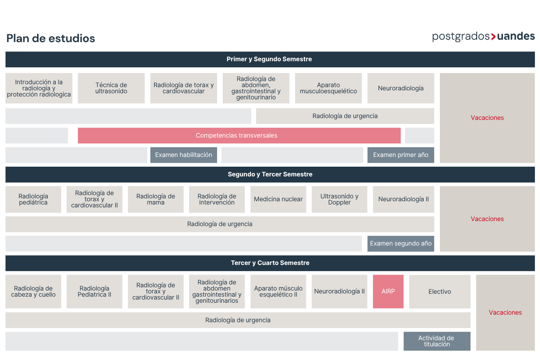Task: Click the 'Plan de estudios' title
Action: point(51,38)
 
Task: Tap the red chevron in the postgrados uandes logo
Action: point(493,37)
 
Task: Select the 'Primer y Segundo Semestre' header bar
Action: point(270,59)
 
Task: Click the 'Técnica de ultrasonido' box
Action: point(111,88)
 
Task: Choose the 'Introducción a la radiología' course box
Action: point(39,88)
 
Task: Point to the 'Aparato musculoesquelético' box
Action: point(328,88)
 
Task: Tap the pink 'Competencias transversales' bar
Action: point(239,135)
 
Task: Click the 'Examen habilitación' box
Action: point(184,155)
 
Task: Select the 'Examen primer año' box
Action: point(401,155)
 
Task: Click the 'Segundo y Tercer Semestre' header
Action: point(270,175)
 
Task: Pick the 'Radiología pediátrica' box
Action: point(33,199)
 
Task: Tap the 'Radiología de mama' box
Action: point(156,199)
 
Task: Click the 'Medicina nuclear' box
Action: point(278,199)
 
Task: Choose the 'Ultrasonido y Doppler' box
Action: point(339,199)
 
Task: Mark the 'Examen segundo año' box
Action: point(401,244)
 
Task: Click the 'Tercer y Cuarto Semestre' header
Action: point(270,263)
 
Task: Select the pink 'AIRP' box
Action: point(388,292)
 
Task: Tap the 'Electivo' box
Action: point(440,292)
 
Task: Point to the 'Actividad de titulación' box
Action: point(437,341)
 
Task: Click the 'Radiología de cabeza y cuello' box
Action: point(33,292)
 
